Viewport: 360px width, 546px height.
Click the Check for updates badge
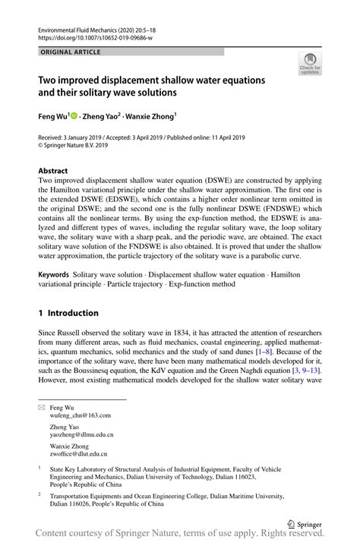(310, 65)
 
